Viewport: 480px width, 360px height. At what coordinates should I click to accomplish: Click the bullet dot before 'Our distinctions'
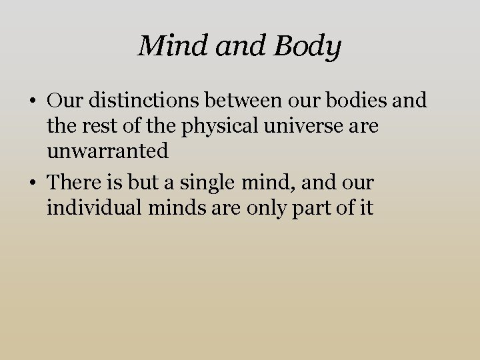click(32, 101)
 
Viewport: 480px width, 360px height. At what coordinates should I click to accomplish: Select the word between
click(236, 101)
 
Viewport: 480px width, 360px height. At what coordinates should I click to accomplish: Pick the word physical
click(199, 126)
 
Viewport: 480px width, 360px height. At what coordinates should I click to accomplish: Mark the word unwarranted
click(107, 151)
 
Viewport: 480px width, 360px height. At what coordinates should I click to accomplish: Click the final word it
click(366, 207)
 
